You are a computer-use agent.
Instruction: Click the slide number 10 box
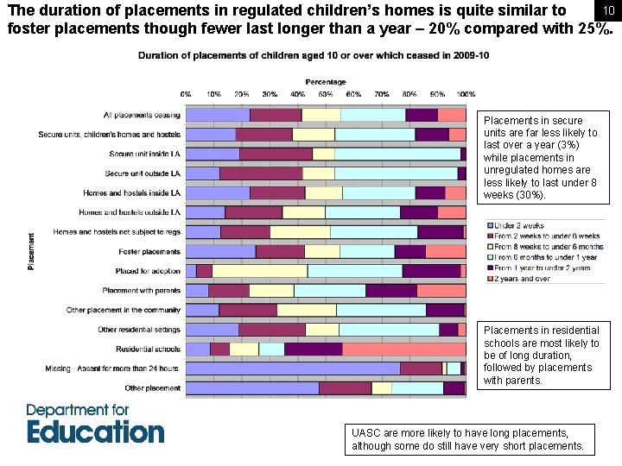tap(608, 9)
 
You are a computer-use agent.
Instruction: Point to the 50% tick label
tap(326, 94)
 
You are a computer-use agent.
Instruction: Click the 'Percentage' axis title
tap(326, 82)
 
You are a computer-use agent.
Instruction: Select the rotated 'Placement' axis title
tap(32, 251)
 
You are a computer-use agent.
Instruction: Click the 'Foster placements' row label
tap(149, 252)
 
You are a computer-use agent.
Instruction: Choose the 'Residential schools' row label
tap(148, 349)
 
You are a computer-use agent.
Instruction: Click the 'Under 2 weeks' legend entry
tap(518, 225)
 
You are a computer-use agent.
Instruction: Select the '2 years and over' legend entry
tap(522, 279)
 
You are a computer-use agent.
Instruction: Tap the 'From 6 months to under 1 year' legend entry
tap(544, 257)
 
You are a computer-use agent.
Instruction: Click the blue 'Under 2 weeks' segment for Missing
tap(293, 368)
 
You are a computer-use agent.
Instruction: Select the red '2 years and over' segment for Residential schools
tap(403, 349)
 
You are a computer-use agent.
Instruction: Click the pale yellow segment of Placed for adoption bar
tap(260, 271)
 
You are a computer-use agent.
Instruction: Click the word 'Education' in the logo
tap(95, 431)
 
